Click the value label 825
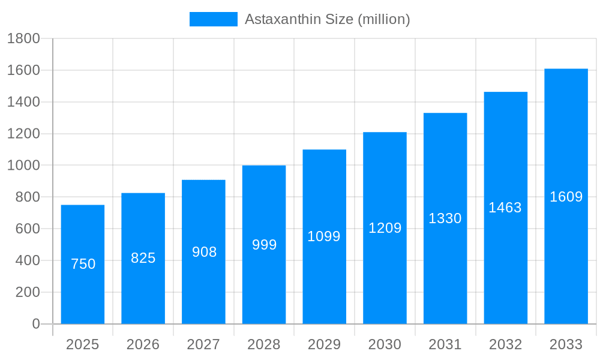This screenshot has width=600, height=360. (x=143, y=258)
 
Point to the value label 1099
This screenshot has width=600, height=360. (x=324, y=236)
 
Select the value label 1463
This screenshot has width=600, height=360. (x=505, y=208)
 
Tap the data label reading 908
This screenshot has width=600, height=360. (x=204, y=252)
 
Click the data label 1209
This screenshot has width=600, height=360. (x=385, y=228)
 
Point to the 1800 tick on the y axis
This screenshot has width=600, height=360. (x=23, y=39)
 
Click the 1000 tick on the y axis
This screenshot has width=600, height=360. (x=23, y=166)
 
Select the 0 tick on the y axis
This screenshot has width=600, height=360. (x=35, y=324)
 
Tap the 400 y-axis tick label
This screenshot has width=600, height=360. (x=27, y=260)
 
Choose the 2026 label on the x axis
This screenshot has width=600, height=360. (x=143, y=344)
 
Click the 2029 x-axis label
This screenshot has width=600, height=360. (x=324, y=344)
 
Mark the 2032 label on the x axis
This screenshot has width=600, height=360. (x=505, y=344)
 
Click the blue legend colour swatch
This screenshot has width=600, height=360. (x=213, y=19)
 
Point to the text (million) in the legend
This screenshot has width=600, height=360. (x=384, y=19)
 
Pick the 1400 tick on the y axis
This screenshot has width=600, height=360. (x=23, y=102)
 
